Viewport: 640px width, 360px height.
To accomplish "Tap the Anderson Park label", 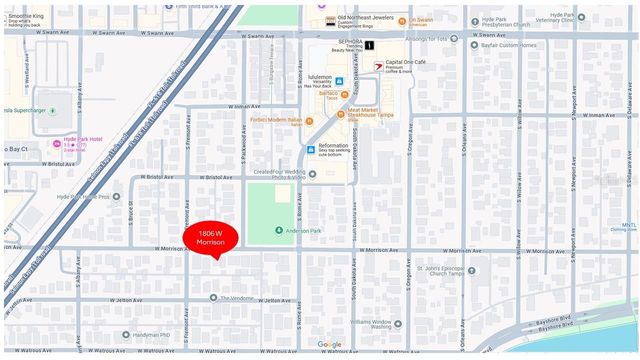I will point(306,232).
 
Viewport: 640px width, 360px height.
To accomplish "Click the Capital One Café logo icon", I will point(376,64).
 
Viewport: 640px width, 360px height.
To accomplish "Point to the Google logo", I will point(329,345).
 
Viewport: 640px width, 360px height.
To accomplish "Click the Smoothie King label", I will point(30,17).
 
